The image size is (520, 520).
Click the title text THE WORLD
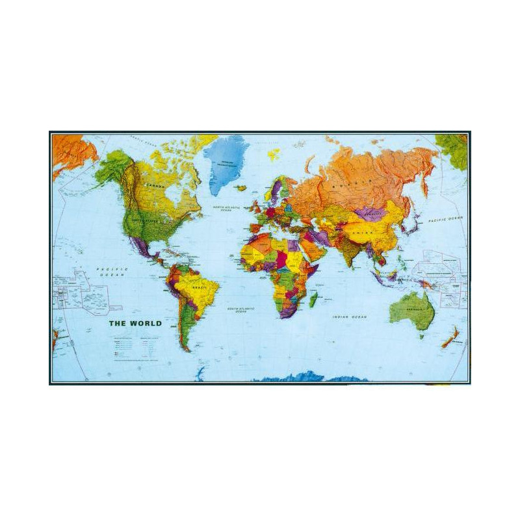(x=135, y=323)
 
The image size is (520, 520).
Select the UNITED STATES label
(x=145, y=221)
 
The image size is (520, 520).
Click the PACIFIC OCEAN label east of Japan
(x=445, y=219)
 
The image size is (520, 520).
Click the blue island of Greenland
(x=226, y=162)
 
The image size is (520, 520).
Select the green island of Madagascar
(x=313, y=300)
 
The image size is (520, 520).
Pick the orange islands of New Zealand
(x=451, y=337)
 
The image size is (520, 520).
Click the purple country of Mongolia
(x=370, y=213)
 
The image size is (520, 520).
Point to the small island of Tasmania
(x=422, y=336)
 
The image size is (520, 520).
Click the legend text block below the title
(x=135, y=348)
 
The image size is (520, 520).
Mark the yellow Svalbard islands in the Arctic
(x=274, y=154)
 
